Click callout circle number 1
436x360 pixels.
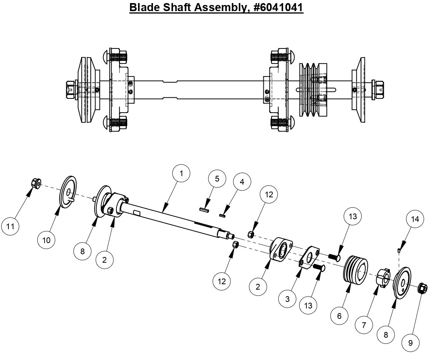coord(182,174)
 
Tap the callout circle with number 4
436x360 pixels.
coord(241,182)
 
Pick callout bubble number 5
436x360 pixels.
coord(217,179)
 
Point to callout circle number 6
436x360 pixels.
coord(339,316)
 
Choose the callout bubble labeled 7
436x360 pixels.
coord(364,325)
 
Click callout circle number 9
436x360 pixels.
coord(410,343)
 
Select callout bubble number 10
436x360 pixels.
coord(47,240)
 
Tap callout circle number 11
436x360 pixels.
coord(10,226)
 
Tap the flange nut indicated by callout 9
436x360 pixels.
coord(423,288)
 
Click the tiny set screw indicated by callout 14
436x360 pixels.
coord(399,250)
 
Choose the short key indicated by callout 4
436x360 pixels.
coord(221,216)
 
